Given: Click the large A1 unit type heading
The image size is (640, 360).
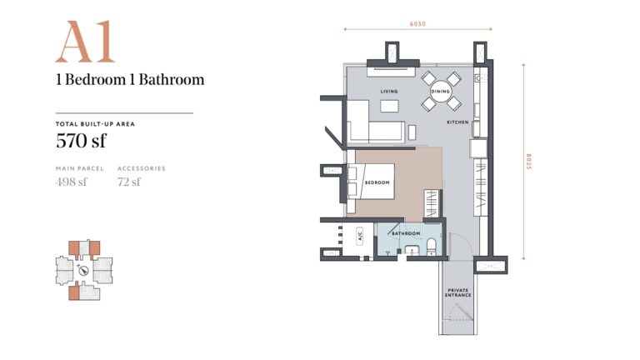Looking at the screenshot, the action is (85, 42).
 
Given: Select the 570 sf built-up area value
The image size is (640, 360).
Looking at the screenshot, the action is (81, 141).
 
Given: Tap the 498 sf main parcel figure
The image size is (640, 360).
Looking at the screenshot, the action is (72, 182).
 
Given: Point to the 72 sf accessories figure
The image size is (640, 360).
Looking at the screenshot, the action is (129, 182).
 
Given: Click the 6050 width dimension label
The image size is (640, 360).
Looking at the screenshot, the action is (417, 24).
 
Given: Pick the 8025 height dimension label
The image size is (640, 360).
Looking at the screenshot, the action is (528, 162).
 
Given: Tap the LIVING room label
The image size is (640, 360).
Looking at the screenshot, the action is (389, 92).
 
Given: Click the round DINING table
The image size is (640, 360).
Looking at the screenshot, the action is (440, 92).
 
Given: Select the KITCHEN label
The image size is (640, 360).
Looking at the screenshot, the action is (457, 122).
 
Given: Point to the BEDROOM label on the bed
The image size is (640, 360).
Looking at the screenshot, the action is (377, 182).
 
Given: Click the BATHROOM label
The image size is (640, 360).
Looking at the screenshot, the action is (406, 233).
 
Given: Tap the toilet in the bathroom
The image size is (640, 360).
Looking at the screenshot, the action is (432, 247).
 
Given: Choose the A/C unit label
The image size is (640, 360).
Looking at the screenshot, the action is (360, 237).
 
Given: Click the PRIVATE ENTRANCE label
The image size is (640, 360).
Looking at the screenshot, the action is (457, 292).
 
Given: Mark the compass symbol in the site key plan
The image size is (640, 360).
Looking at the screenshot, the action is (83, 270).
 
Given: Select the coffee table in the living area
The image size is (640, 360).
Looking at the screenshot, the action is (389, 106).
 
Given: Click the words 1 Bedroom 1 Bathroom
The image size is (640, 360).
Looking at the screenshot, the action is (130, 79).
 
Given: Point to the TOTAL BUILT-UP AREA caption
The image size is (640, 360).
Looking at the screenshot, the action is (95, 124).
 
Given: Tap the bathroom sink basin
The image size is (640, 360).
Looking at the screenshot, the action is (412, 251).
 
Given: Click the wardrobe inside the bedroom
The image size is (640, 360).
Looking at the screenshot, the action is (432, 203).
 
